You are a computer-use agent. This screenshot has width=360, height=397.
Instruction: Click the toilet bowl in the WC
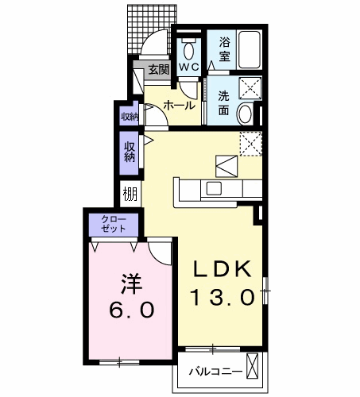point(188,51)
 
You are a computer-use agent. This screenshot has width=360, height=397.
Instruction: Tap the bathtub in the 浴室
point(250,50)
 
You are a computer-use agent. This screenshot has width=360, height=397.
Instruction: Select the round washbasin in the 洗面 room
point(244,114)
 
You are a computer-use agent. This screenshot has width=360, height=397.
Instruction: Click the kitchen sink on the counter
point(214,188)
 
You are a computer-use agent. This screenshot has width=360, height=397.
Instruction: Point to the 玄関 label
point(158,70)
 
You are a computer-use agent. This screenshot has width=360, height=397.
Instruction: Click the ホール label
point(179,106)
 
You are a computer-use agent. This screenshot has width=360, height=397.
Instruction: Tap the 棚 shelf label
point(130,194)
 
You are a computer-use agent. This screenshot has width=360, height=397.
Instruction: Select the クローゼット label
point(114,224)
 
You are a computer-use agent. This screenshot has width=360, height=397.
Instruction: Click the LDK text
point(222,269)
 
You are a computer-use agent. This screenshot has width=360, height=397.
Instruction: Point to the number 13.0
point(223,297)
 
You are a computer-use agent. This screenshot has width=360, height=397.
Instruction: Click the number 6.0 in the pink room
point(131,310)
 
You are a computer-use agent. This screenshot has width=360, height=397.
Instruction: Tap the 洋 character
point(132,283)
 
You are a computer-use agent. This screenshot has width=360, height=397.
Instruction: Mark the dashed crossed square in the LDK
point(251,144)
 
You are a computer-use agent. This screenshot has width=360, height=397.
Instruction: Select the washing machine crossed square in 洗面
point(250,88)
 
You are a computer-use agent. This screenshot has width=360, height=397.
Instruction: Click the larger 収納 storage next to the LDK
point(129,153)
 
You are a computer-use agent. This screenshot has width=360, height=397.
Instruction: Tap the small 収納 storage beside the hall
point(129,116)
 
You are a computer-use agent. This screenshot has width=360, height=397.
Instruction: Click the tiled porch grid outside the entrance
point(152,29)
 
